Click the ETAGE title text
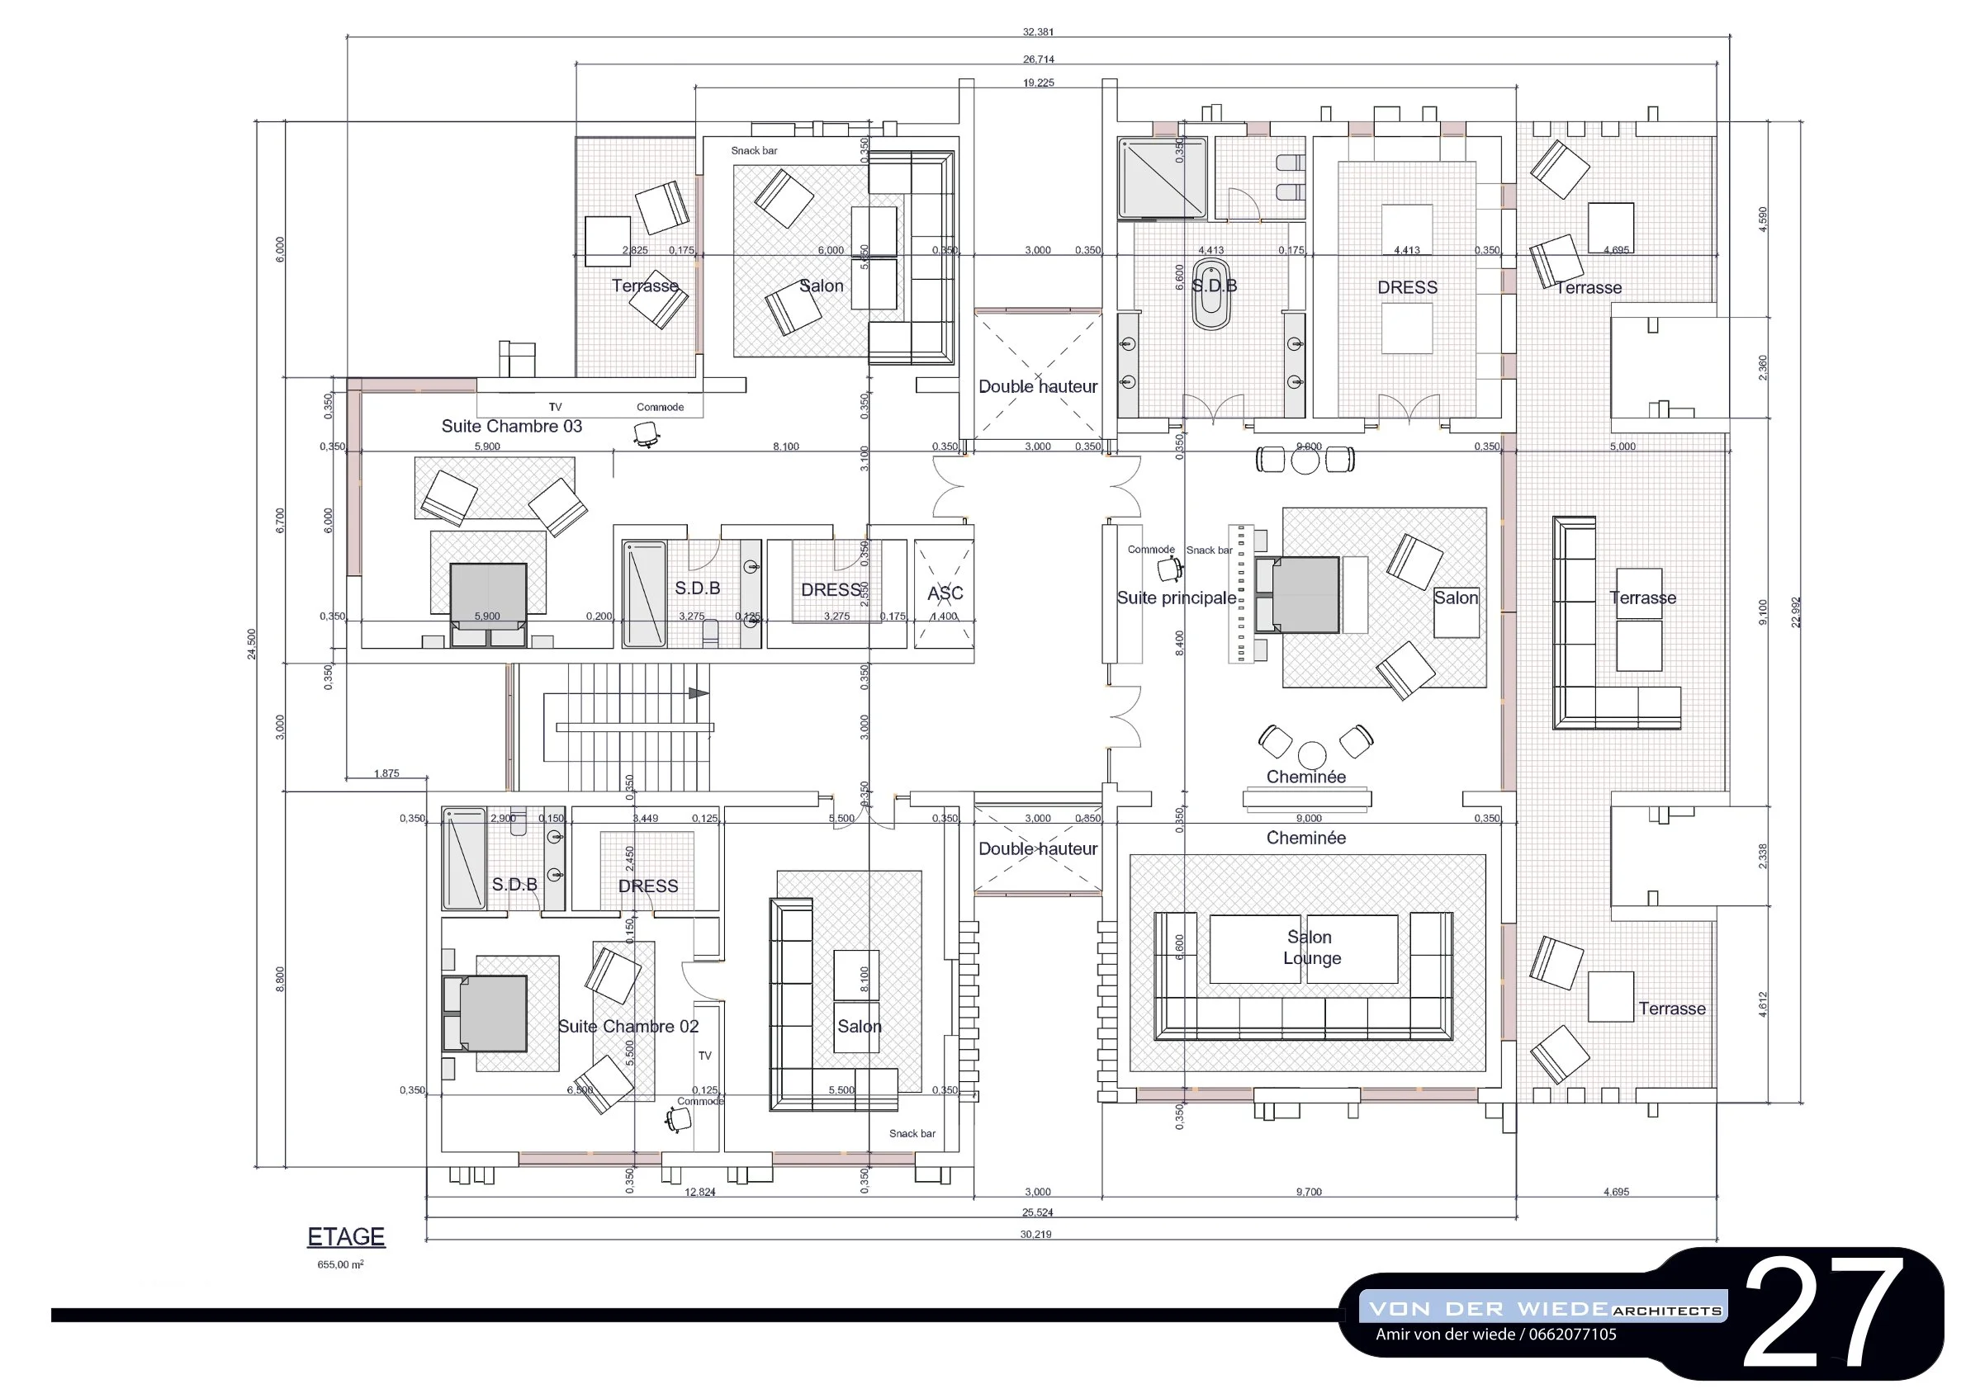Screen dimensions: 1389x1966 pos(346,1236)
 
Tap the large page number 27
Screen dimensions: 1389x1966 pos(1823,1315)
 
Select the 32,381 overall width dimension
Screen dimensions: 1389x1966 pos(1038,31)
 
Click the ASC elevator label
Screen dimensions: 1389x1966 pos(945,593)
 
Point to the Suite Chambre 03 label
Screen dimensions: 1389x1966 pos(511,426)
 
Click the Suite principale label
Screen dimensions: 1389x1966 pos(1176,598)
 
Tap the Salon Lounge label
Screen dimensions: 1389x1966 pos(1311,947)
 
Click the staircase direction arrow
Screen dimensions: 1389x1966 pos(699,693)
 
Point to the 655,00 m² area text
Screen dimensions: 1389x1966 pos(340,1265)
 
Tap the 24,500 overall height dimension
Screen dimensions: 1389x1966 pos(252,644)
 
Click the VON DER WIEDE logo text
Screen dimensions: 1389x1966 pos(1488,1309)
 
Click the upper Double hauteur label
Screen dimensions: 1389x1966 pos(1038,387)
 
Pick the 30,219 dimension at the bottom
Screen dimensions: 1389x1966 pos(1036,1234)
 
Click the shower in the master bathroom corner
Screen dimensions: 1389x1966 pos(1162,178)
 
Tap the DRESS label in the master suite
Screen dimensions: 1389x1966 pos(1407,287)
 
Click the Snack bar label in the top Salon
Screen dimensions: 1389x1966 pos(754,151)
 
